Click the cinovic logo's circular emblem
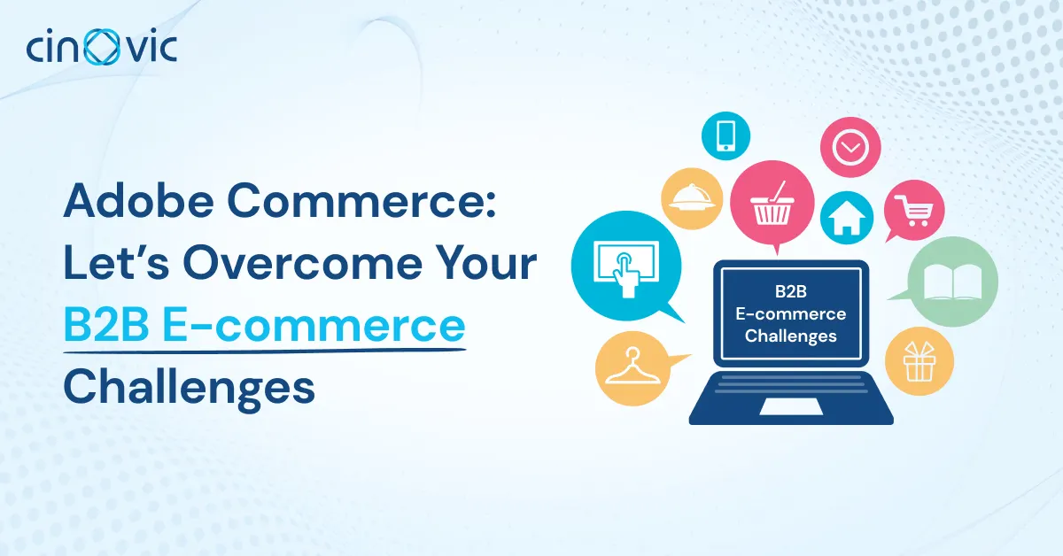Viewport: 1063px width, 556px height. (102, 47)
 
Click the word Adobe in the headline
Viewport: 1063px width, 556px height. (138, 201)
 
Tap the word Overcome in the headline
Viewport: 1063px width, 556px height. (303, 263)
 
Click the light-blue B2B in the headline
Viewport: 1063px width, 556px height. (106, 326)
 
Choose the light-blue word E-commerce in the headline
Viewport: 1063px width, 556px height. (314, 326)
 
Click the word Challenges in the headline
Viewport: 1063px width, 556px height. (189, 388)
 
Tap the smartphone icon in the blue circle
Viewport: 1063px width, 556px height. (726, 135)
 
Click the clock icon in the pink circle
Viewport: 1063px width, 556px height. (850, 147)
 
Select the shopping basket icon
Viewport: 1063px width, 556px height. (772, 204)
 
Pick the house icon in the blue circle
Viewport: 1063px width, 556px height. (847, 218)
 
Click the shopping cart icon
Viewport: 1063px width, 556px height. (914, 211)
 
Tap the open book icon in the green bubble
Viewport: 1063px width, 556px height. (953, 282)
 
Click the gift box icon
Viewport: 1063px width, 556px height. (919, 361)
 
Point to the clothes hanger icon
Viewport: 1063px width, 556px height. (632, 367)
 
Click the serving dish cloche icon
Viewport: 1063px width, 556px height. (693, 199)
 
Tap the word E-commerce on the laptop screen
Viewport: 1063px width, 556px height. (790, 313)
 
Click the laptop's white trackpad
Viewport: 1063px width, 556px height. (790, 406)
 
